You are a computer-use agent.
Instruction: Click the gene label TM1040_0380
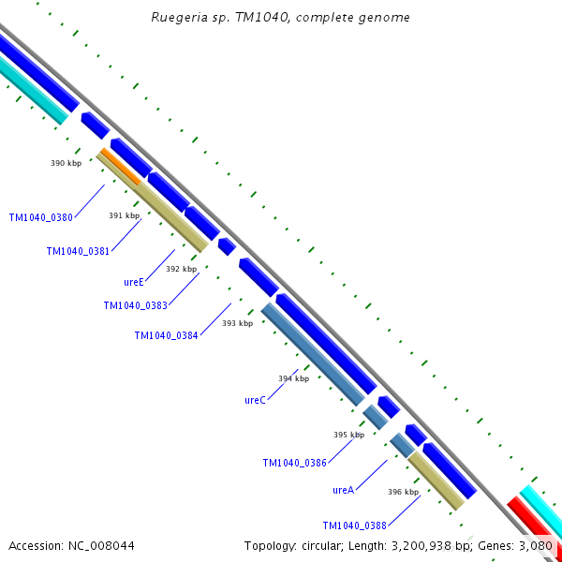pyautogui.click(x=40, y=217)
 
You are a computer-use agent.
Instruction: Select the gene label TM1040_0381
pyautogui.click(x=78, y=251)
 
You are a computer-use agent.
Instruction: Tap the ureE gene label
pyautogui.click(x=134, y=281)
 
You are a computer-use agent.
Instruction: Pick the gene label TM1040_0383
pyautogui.click(x=135, y=305)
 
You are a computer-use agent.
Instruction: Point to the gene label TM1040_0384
pyautogui.click(x=166, y=335)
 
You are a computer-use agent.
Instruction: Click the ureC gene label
pyautogui.click(x=255, y=400)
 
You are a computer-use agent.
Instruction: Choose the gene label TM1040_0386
pyautogui.click(x=294, y=463)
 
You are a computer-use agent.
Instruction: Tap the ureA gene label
pyautogui.click(x=343, y=490)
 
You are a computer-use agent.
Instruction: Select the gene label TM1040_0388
pyautogui.click(x=354, y=525)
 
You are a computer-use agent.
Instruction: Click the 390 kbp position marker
pyautogui.click(x=66, y=163)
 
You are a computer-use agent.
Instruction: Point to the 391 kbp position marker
pyautogui.click(x=124, y=215)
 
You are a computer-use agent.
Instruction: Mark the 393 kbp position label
pyautogui.click(x=237, y=323)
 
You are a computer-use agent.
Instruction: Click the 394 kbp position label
pyautogui.click(x=293, y=378)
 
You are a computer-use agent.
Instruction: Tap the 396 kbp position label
pyautogui.click(x=403, y=492)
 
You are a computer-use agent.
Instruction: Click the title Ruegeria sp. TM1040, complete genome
pyautogui.click(x=280, y=18)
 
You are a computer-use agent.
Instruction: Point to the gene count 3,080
pyautogui.click(x=536, y=545)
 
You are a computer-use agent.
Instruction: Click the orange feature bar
pyautogui.click(x=119, y=166)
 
